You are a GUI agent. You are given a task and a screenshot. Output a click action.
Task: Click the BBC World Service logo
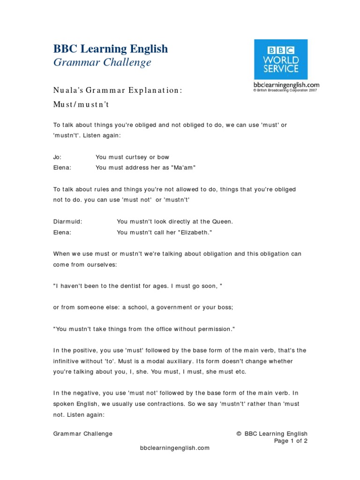(x=281, y=60)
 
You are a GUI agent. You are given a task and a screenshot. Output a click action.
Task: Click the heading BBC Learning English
(x=110, y=49)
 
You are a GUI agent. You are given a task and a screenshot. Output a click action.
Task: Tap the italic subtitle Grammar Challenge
(x=102, y=62)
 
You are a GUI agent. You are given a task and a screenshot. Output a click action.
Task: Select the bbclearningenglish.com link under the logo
(x=286, y=85)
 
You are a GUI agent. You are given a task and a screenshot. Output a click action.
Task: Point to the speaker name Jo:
(x=57, y=157)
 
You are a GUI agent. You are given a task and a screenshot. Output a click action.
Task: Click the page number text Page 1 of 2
(x=291, y=441)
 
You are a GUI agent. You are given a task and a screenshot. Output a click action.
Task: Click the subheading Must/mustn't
(x=81, y=105)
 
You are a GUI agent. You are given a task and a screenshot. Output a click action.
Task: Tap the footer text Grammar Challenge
(x=82, y=434)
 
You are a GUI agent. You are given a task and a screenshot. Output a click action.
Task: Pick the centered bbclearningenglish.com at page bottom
(x=174, y=448)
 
